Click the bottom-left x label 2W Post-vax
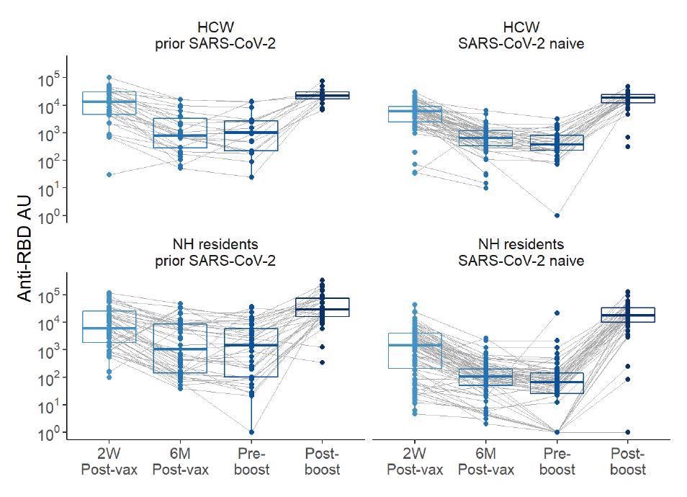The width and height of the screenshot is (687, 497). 109,462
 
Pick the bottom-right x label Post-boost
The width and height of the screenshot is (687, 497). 627,462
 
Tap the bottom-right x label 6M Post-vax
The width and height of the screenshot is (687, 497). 486,462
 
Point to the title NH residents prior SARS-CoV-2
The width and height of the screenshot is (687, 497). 215,252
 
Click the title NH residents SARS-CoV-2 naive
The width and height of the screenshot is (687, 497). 521,252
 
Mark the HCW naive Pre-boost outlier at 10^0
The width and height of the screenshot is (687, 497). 557,215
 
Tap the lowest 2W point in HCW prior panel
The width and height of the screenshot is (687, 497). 109,174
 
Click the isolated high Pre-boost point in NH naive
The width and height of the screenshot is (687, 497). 557,313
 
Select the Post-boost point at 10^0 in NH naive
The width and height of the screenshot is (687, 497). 627,432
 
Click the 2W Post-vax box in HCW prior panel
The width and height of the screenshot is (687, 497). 109,102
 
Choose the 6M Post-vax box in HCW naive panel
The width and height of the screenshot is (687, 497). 486,138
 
